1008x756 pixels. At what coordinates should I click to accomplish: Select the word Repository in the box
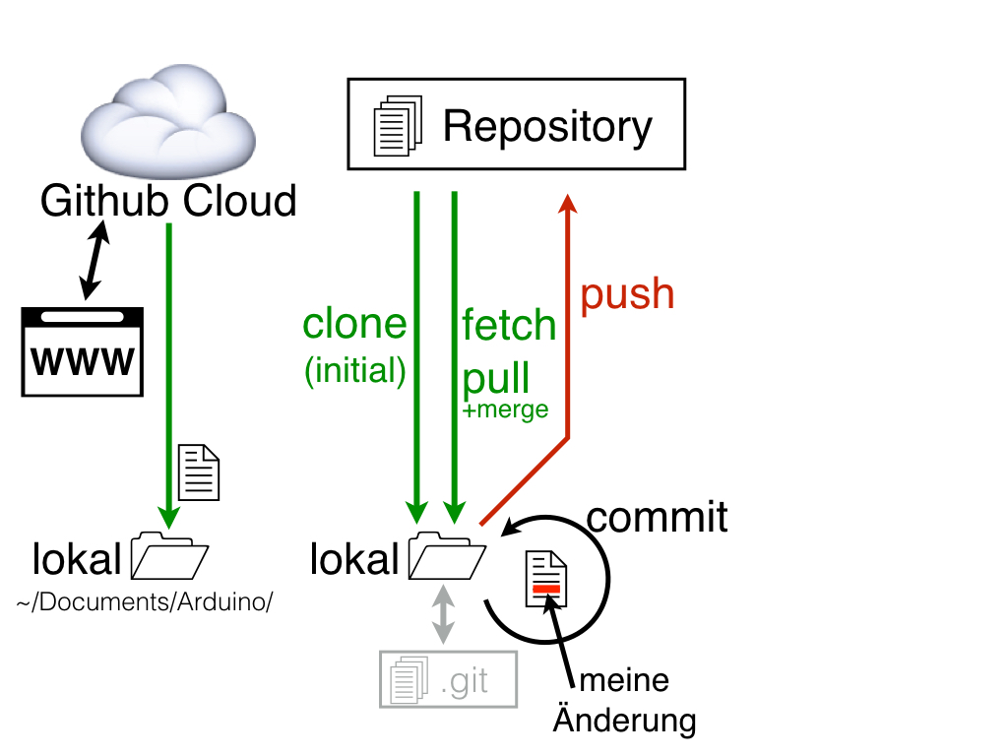pyautogui.click(x=547, y=126)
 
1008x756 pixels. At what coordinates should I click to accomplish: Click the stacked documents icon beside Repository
pyautogui.click(x=397, y=125)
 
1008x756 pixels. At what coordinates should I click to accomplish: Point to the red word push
pyautogui.click(x=627, y=294)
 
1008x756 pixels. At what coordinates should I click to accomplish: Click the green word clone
pyautogui.click(x=354, y=324)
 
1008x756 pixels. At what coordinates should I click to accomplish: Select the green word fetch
pyautogui.click(x=509, y=326)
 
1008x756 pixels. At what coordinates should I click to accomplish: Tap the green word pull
pyautogui.click(x=496, y=377)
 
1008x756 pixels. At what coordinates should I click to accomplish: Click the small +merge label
pyautogui.click(x=505, y=409)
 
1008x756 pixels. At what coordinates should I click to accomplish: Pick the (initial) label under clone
pyautogui.click(x=355, y=369)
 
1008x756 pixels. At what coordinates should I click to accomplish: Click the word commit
pyautogui.click(x=657, y=516)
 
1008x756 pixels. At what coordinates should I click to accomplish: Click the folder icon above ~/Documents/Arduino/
pyautogui.click(x=169, y=558)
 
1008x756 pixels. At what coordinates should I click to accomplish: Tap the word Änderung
pyautogui.click(x=624, y=720)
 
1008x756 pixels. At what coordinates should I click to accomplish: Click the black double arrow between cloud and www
pyautogui.click(x=94, y=259)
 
